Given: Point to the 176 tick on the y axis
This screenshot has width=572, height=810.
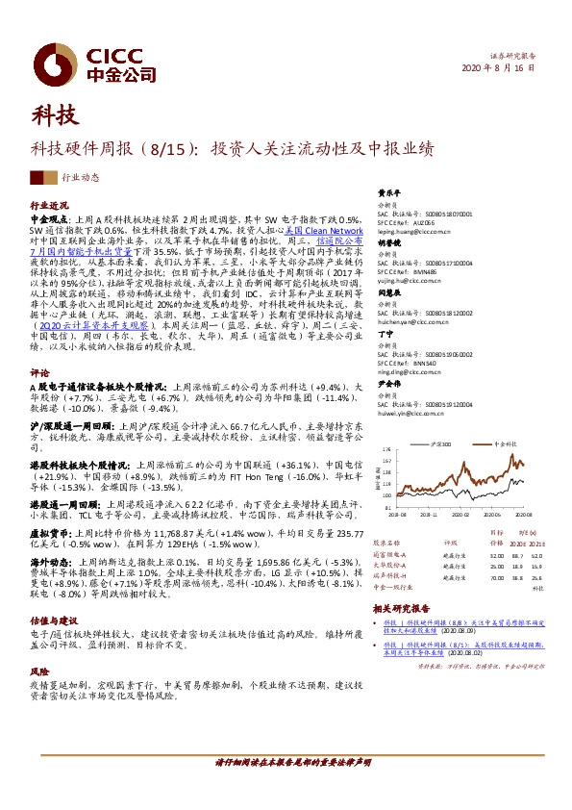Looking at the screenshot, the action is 385,449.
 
